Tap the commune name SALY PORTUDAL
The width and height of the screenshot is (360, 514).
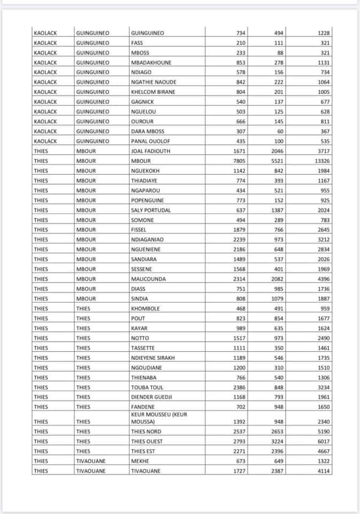[151, 210]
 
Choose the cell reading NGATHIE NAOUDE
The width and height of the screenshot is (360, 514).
[154, 82]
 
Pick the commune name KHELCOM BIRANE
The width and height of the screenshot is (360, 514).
[153, 92]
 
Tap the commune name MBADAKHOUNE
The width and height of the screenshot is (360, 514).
[151, 62]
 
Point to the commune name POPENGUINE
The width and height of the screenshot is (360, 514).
[147, 200]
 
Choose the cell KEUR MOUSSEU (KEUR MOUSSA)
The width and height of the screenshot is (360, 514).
[159, 418]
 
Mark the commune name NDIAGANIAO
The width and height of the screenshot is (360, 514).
[148, 239]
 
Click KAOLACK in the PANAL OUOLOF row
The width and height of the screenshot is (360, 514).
[45, 141]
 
